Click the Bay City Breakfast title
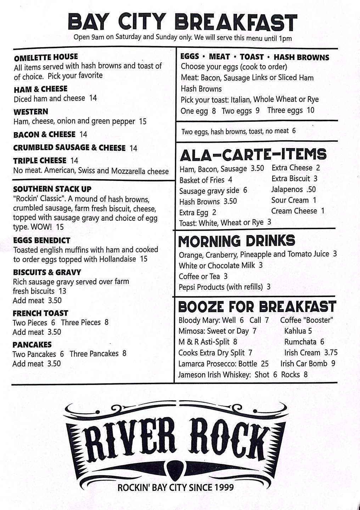click(x=182, y=22)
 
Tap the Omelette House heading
click(x=46, y=57)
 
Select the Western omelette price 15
click(x=143, y=121)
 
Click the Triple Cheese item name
click(x=40, y=160)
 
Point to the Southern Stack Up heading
click(x=52, y=189)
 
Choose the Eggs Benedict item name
click(x=41, y=240)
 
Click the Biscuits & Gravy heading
click(x=47, y=272)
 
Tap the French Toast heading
click(x=40, y=313)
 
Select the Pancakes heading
click(x=32, y=344)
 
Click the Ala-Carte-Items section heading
click(x=253, y=154)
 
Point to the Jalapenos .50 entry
click(x=293, y=189)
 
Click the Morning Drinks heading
click(x=236, y=241)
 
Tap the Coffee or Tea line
click(x=203, y=276)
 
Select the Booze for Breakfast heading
click(x=257, y=306)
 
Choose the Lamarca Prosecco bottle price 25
click(x=265, y=364)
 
